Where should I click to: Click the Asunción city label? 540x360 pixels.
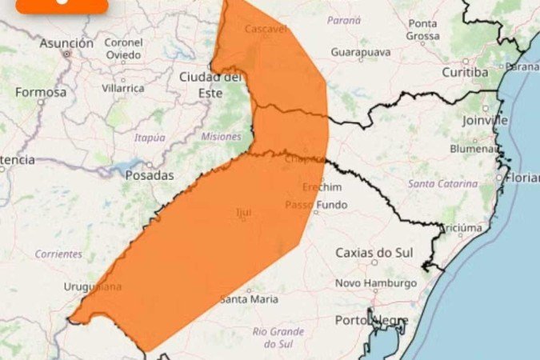pyautogui.click(x=66, y=42)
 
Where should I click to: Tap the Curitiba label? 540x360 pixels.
pyautogui.click(x=465, y=73)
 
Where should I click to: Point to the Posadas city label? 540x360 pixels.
pyautogui.click(x=150, y=174)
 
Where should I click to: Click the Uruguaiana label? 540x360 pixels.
pyautogui.click(x=94, y=286)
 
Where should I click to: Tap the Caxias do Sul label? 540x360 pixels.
pyautogui.click(x=374, y=253)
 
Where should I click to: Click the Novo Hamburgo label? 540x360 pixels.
pyautogui.click(x=375, y=283)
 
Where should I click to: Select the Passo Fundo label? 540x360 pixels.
pyautogui.click(x=317, y=205)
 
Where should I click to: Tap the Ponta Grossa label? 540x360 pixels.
pyautogui.click(x=422, y=30)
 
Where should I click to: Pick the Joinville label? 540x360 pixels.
pyautogui.click(x=485, y=120)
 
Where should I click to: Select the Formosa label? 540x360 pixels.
pyautogui.click(x=40, y=92)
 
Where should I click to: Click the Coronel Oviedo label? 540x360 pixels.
pyautogui.click(x=124, y=49)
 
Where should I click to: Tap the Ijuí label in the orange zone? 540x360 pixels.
pyautogui.click(x=243, y=213)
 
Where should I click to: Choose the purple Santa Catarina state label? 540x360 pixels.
pyautogui.click(x=442, y=184)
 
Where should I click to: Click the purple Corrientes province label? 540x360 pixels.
pyautogui.click(x=58, y=254)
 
